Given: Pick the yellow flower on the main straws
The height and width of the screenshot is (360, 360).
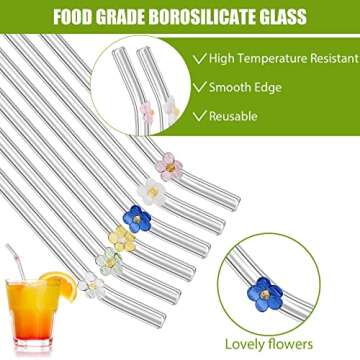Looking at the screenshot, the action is [x=122, y=238].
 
